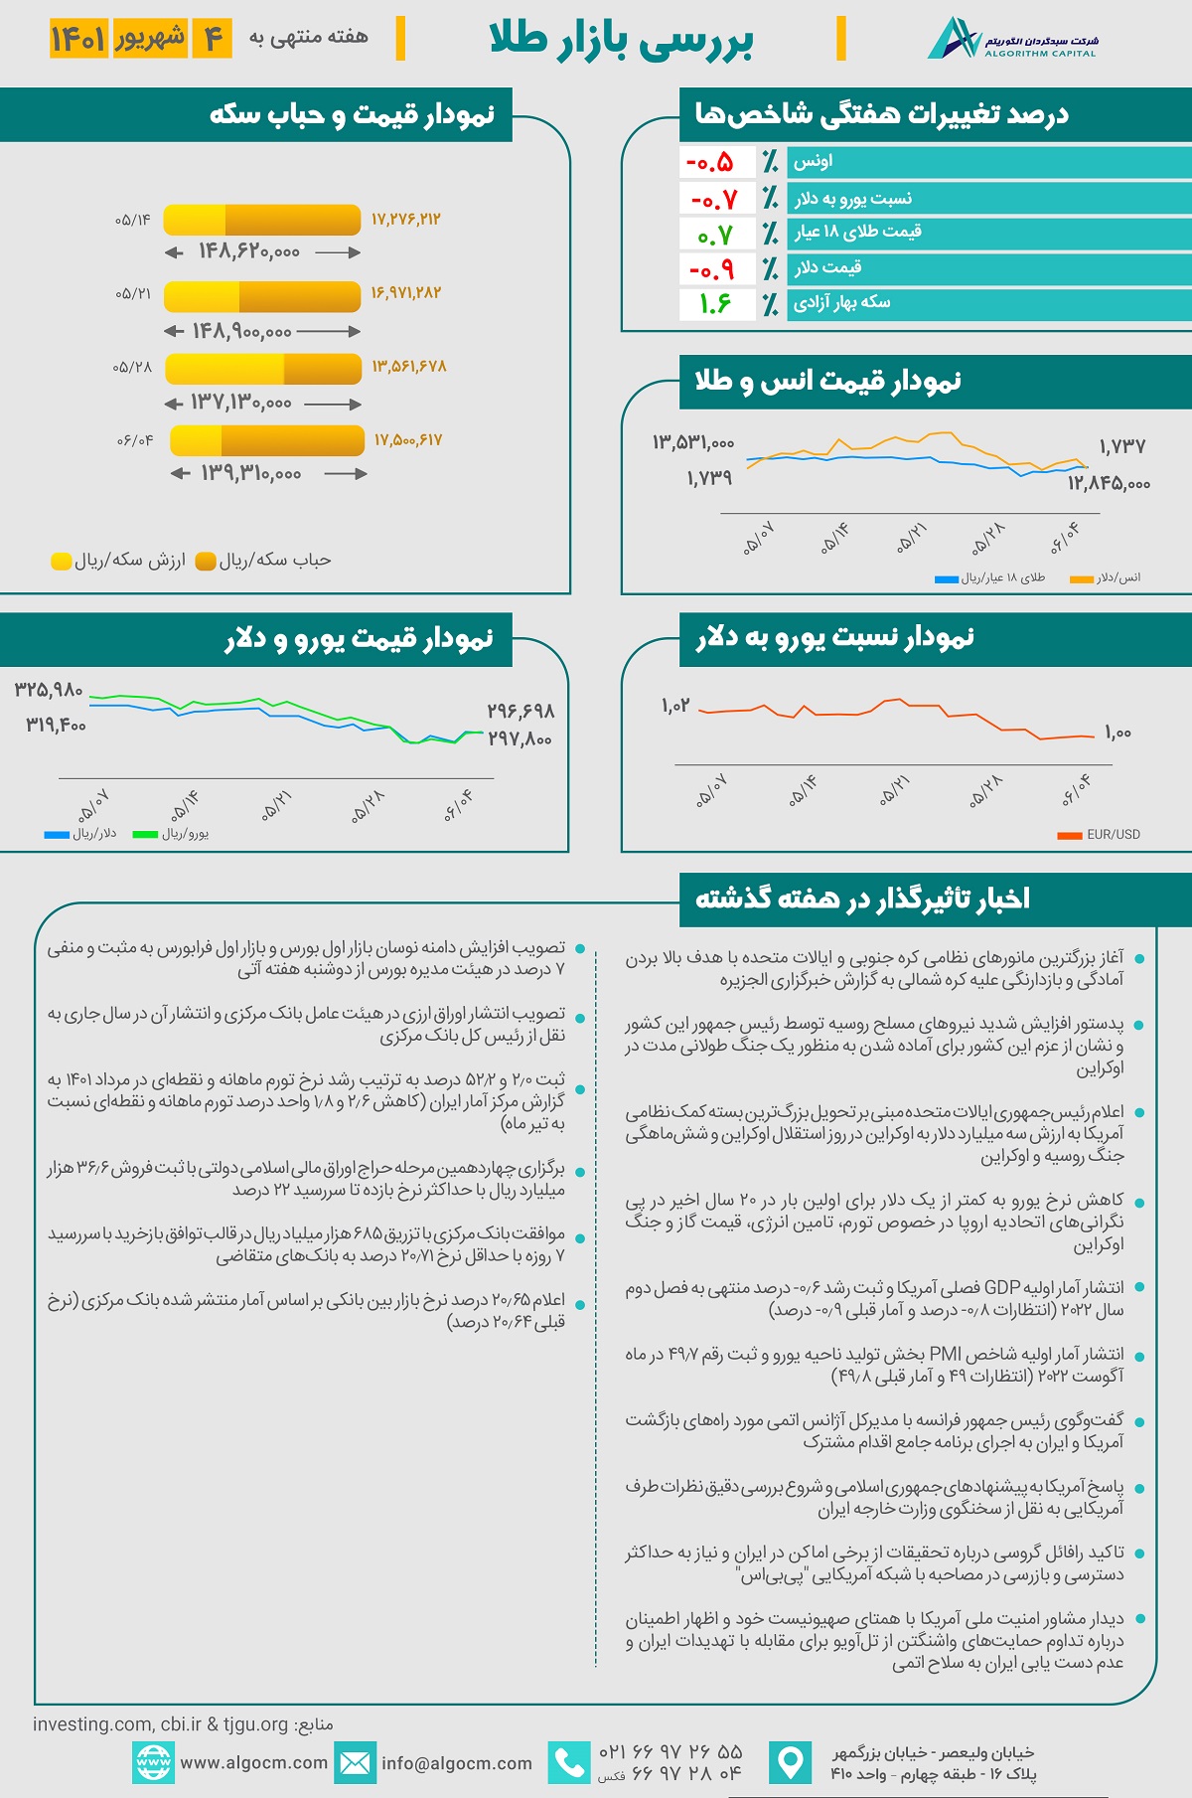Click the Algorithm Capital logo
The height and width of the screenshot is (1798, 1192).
(x=1012, y=39)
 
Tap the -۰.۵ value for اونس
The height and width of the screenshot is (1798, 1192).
(x=709, y=162)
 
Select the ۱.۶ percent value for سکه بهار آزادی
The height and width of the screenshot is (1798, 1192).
(x=715, y=304)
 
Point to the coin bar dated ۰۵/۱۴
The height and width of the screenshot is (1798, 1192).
(x=261, y=220)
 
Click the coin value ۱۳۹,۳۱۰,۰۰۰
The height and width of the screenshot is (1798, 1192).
(x=251, y=474)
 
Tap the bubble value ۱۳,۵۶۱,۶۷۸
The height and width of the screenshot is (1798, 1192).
(x=409, y=367)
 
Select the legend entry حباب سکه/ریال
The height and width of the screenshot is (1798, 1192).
(x=264, y=561)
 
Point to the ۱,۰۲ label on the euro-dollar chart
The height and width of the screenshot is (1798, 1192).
(x=675, y=706)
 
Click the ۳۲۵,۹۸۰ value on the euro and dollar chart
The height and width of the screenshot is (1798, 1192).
(x=49, y=690)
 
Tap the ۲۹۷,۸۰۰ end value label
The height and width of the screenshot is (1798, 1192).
(x=520, y=739)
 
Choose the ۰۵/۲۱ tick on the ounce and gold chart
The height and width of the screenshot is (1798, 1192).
(x=911, y=538)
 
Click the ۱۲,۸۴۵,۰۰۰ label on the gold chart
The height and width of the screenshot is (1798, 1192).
(x=1109, y=484)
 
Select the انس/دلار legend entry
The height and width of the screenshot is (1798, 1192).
(x=1107, y=577)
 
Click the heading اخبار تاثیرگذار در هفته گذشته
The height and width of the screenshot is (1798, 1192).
(x=862, y=899)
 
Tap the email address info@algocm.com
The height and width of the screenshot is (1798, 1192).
(x=457, y=1763)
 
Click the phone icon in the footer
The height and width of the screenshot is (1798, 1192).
(x=569, y=1763)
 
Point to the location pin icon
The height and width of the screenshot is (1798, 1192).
(x=791, y=1763)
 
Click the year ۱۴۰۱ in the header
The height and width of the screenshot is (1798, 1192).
(x=78, y=39)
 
